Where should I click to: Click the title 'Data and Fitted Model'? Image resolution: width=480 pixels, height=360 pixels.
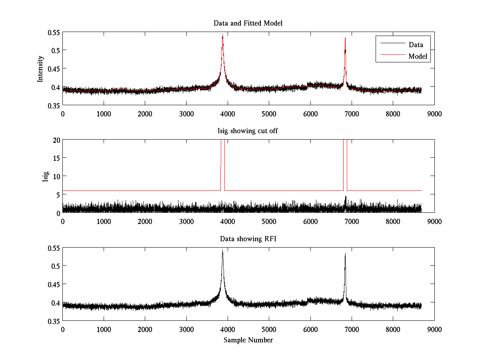[248, 23]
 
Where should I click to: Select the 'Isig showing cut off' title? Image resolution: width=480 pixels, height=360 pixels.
[248, 131]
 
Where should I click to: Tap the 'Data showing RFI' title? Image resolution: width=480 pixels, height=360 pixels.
[248, 239]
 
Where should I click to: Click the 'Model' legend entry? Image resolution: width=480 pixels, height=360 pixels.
[418, 56]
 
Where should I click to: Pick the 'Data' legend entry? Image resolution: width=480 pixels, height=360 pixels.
[416, 45]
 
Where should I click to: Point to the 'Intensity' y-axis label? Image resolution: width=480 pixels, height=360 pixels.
[40, 69]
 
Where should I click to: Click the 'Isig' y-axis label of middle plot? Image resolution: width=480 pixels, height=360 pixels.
[45, 176]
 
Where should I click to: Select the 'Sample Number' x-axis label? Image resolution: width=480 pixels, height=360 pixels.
[248, 340]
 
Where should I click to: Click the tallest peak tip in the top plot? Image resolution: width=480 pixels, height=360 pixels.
[222, 35]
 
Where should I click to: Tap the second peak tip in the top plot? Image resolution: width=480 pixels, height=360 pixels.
[345, 38]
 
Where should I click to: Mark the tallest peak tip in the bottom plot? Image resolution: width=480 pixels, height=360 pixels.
[222, 250]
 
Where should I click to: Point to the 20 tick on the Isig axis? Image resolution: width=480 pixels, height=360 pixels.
[56, 140]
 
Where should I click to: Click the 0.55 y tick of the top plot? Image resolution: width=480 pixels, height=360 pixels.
[54, 32]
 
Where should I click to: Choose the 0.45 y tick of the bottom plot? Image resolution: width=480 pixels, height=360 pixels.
[54, 284]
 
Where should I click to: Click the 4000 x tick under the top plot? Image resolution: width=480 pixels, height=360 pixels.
[228, 114]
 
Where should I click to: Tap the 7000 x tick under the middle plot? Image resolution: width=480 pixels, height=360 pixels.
[352, 221]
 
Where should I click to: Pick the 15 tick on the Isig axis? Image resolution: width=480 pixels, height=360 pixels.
[56, 158]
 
